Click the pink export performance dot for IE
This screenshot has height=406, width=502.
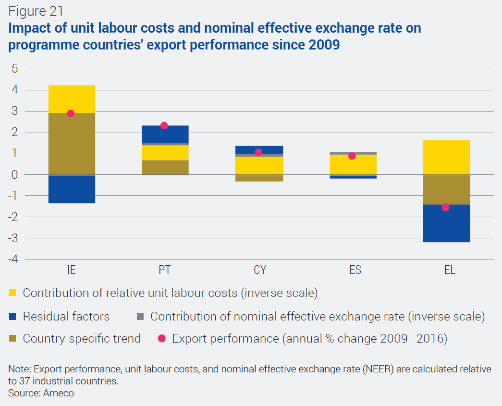[x=71, y=113]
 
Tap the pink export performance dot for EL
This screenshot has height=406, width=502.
[x=445, y=208]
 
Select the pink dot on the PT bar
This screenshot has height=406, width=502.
[x=164, y=126]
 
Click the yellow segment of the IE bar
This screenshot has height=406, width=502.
[x=72, y=99]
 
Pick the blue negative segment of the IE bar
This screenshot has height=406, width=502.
[x=72, y=189]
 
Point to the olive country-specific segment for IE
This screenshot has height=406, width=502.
[x=72, y=144]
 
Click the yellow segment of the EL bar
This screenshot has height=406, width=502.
[x=446, y=158]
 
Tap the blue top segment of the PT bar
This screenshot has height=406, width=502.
[x=165, y=134]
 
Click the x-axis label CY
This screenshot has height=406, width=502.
[x=259, y=270]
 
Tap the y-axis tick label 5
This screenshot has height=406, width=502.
[x=14, y=69]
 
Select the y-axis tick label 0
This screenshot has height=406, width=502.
[x=14, y=174]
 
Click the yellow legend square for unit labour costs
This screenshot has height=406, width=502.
[x=13, y=293]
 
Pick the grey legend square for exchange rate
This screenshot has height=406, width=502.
[x=140, y=317]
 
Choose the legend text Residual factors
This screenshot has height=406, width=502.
[x=66, y=317]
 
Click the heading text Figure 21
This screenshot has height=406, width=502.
[x=36, y=11]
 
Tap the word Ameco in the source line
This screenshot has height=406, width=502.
[x=60, y=393]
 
